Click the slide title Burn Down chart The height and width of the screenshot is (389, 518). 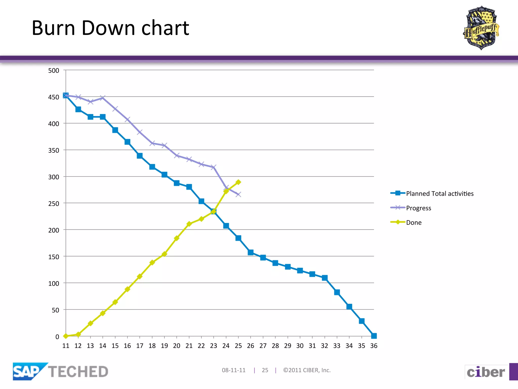[x=110, y=28]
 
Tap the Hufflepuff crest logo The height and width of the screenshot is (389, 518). [x=481, y=28]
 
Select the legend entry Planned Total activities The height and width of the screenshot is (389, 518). [x=439, y=193]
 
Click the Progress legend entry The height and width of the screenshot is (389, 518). [x=418, y=208]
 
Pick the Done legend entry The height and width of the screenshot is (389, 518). [x=414, y=222]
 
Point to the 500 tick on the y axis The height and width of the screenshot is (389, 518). [x=54, y=70]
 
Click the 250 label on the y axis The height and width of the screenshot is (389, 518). [x=54, y=204]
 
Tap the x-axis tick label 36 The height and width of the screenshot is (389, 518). [x=374, y=346]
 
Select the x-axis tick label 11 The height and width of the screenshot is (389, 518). [x=66, y=346]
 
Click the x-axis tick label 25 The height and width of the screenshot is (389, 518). [x=238, y=346]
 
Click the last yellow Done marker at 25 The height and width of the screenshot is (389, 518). [x=238, y=182]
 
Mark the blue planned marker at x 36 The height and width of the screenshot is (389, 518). [x=374, y=336]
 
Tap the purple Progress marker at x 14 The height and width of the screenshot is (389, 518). [x=103, y=98]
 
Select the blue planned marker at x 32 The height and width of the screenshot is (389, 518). [x=325, y=278]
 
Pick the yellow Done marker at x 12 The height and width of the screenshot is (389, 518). [x=78, y=334]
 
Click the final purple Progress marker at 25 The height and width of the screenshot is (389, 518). [x=238, y=194]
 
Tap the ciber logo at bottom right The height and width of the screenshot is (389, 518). [x=486, y=372]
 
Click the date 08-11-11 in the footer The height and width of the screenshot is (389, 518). [x=234, y=370]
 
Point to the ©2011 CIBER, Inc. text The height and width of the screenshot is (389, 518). [x=307, y=370]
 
